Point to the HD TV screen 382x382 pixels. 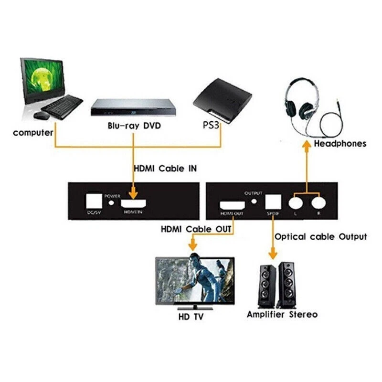tap(194, 281)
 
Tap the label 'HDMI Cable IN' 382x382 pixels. tap(164, 169)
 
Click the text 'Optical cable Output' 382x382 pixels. tap(320, 236)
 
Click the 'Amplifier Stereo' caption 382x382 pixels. tap(282, 314)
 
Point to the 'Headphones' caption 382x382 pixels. tap(340, 143)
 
